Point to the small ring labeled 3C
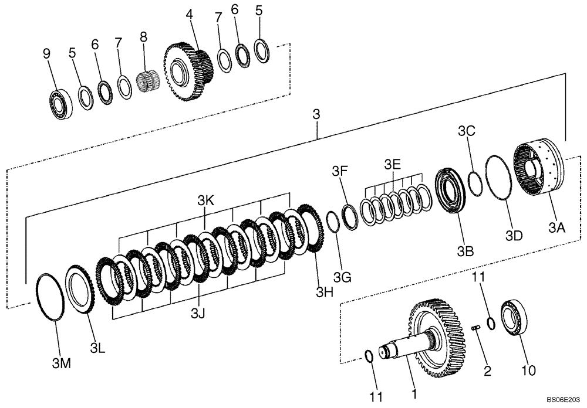pos(475,181)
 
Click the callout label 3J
pos(198,314)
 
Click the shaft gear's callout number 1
pos(414,395)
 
